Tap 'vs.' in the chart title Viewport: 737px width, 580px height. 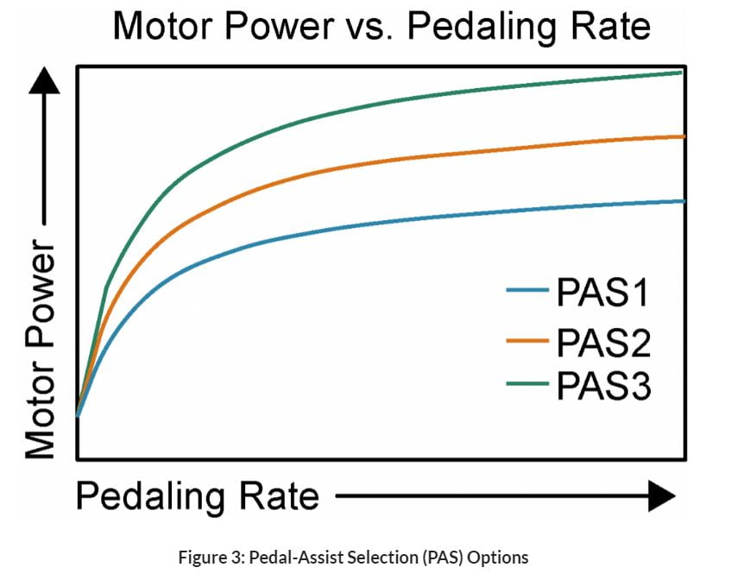(369, 27)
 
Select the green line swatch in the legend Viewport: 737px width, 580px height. (527, 383)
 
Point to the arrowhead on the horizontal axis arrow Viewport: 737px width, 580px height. (660, 496)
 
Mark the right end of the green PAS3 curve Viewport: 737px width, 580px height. (681, 72)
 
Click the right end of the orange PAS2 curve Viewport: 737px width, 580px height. (683, 136)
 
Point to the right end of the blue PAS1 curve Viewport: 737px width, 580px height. (683, 201)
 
